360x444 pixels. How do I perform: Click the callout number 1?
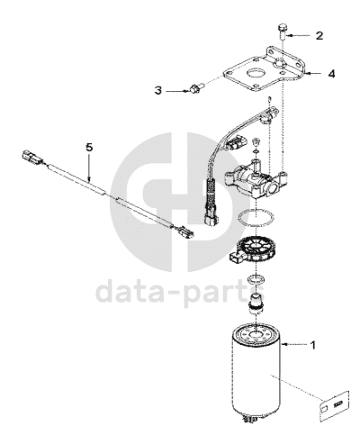[x=312, y=345]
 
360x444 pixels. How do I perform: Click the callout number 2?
[x=319, y=35]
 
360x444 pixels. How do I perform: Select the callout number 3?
[x=158, y=90]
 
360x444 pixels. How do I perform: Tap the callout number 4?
[x=331, y=73]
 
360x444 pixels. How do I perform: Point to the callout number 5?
[x=89, y=147]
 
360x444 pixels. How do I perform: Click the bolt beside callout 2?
[x=283, y=32]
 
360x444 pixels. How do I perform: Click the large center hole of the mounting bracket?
[x=255, y=73]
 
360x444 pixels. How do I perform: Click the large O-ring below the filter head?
[x=256, y=217]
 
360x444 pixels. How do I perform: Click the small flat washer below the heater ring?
[x=255, y=278]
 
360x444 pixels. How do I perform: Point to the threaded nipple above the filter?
[x=255, y=304]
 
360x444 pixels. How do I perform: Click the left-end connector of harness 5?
[x=32, y=157]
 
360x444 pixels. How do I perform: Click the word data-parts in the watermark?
[x=180, y=292]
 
